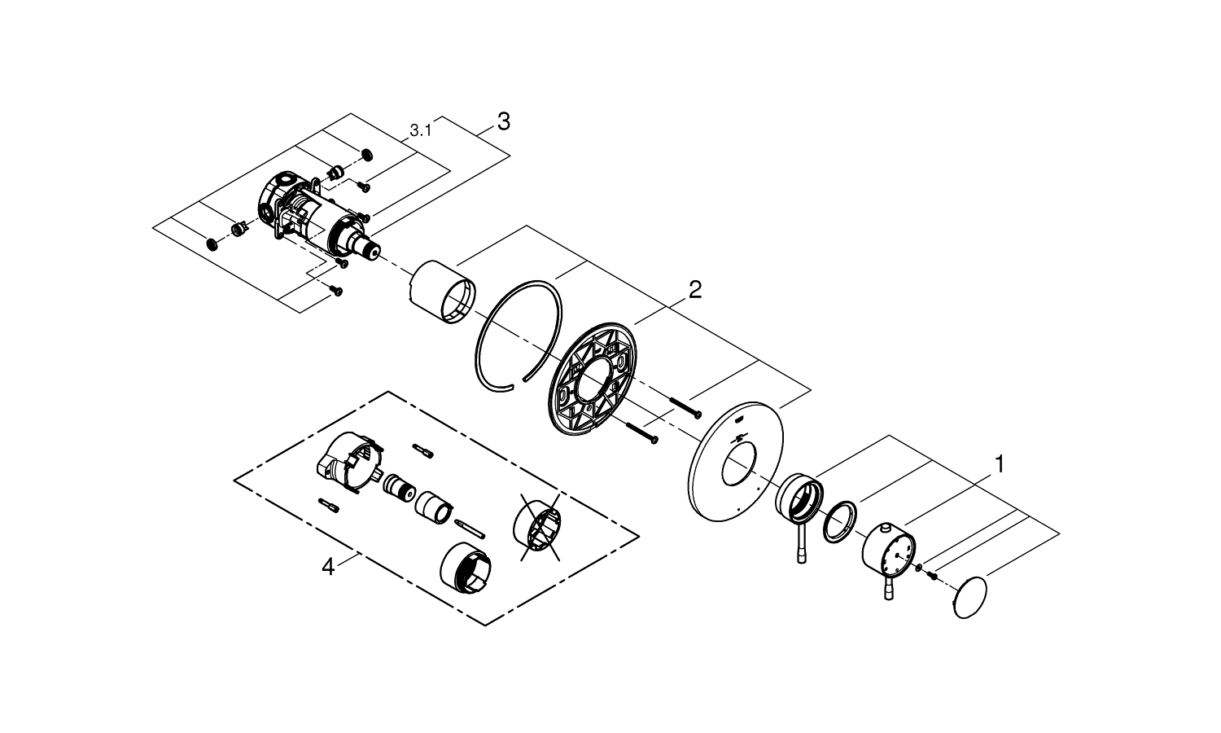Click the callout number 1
999,464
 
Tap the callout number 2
694,289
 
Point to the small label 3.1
420,129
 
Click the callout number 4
327,567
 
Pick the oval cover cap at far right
969,600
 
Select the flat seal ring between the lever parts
839,521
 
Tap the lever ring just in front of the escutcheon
797,497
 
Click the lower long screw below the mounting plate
643,433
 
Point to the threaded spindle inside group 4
398,487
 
